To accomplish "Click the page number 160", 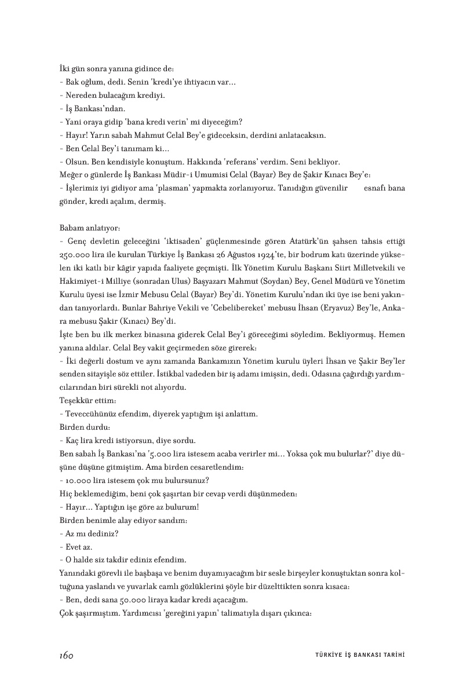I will [x=65, y=654].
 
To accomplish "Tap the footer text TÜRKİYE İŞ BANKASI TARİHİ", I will [x=355, y=655].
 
